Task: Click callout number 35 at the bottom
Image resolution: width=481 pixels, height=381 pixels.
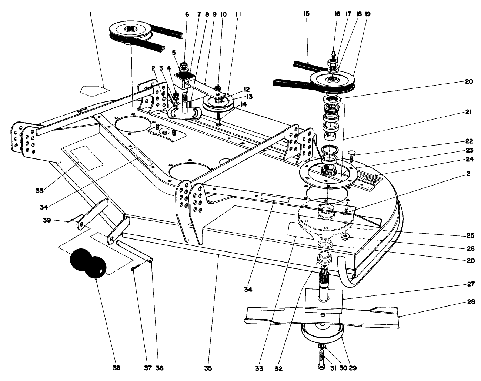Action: click(x=208, y=368)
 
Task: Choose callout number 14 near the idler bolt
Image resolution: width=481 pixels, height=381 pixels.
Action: click(x=243, y=105)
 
